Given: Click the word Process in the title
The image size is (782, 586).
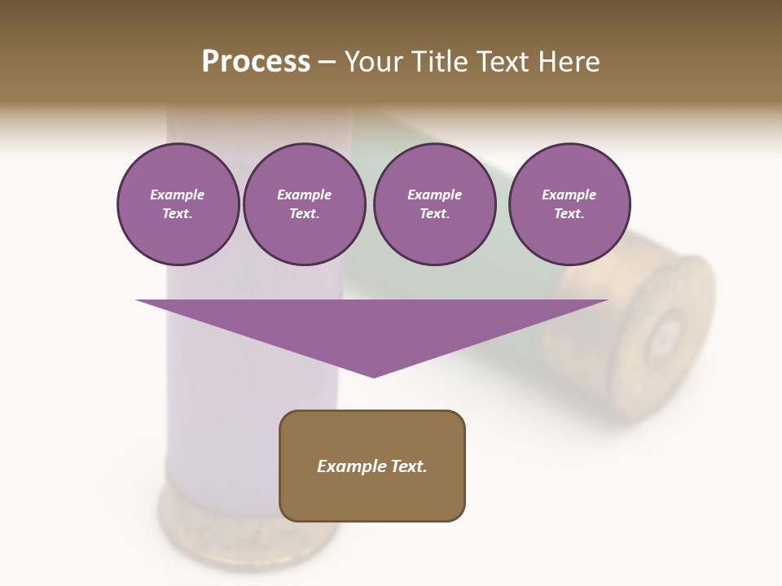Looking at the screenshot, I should (256, 62).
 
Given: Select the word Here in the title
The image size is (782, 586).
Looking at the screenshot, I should (569, 62).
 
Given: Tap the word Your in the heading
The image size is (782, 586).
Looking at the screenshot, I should (374, 62).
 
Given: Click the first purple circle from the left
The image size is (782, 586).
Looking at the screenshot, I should (178, 204).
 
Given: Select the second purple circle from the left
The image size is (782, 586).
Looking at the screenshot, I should (304, 204).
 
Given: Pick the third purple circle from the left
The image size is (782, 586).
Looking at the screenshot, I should (434, 204).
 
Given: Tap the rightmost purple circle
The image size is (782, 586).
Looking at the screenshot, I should (569, 204).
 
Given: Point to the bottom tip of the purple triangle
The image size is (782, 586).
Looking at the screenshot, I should (373, 376).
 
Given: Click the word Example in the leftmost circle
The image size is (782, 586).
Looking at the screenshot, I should (178, 195).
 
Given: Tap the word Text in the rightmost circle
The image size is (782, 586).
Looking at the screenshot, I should (569, 214).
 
